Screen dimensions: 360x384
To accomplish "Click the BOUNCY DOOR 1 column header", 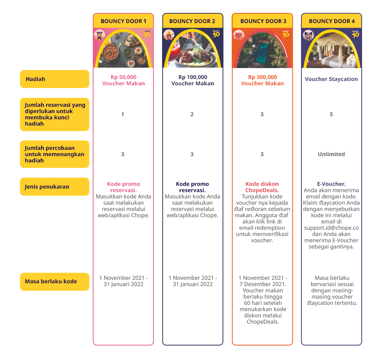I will [x=123, y=21].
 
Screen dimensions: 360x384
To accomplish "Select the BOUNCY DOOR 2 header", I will [x=192, y=21].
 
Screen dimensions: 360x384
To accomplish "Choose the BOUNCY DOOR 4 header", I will [x=332, y=21].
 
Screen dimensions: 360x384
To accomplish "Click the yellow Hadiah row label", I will [x=54, y=79].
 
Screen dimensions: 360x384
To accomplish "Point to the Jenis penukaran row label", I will [x=54, y=187].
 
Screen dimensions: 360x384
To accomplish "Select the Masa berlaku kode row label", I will [x=54, y=281].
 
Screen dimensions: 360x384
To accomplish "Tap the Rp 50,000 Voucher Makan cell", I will [x=123, y=80].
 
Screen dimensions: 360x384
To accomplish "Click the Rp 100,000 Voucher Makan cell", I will [x=193, y=80].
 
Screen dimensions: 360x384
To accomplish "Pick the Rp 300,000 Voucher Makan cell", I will [x=262, y=80].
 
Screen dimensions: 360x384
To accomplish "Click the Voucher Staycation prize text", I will [x=331, y=79].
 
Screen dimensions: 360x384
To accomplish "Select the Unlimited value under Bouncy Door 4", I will [x=331, y=154].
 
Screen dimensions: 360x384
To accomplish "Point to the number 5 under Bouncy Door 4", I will [x=331, y=114].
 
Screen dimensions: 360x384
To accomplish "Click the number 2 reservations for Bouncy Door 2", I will [x=192, y=114].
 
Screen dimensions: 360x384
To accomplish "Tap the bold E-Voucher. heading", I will [x=331, y=184].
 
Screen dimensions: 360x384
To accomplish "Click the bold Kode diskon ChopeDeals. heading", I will [x=262, y=187].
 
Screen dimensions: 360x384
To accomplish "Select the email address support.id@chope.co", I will [x=331, y=228].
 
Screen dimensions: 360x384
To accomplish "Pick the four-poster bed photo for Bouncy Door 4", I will [x=331, y=49].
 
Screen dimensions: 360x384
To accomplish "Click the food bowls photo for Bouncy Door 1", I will [x=123, y=49].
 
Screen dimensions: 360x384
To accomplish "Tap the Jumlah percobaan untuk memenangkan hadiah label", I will [x=54, y=154].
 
